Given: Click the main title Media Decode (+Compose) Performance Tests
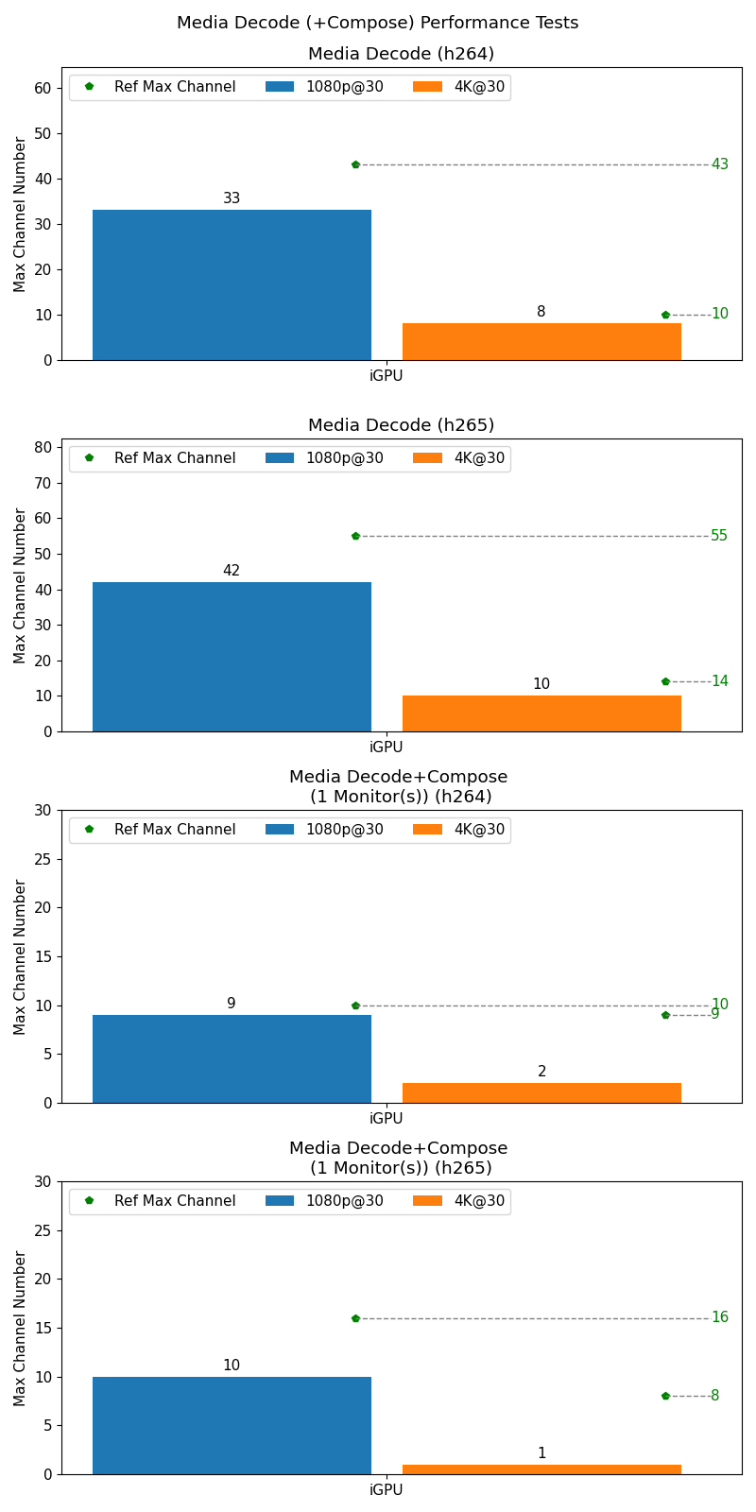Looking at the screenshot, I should [x=377, y=23].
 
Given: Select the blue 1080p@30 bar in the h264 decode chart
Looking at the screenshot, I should [x=232, y=284].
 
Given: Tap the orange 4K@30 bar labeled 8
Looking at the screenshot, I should [x=541, y=341].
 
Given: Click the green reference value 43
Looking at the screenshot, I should [x=719, y=164].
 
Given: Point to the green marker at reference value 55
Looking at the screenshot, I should [x=355, y=536].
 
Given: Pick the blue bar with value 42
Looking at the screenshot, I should [x=232, y=657].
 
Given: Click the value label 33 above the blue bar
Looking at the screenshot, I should [x=232, y=198].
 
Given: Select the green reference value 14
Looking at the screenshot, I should [x=719, y=681].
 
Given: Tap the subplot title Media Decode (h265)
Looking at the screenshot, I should [x=401, y=425].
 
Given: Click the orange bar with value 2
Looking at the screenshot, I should [x=541, y=1092].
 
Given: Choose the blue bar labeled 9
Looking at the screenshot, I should [x=232, y=1058].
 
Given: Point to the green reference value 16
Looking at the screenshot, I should [x=719, y=1317].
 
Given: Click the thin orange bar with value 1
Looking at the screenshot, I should [x=541, y=1469].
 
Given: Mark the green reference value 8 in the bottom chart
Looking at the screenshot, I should [x=714, y=1396].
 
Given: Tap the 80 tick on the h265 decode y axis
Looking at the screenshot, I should [x=43, y=447].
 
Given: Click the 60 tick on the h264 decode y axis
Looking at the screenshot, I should [x=43, y=88].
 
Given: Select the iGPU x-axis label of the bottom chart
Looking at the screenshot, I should [x=386, y=1490].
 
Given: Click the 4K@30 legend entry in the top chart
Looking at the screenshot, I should [x=459, y=87].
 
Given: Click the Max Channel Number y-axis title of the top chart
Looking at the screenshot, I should [x=21, y=214].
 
